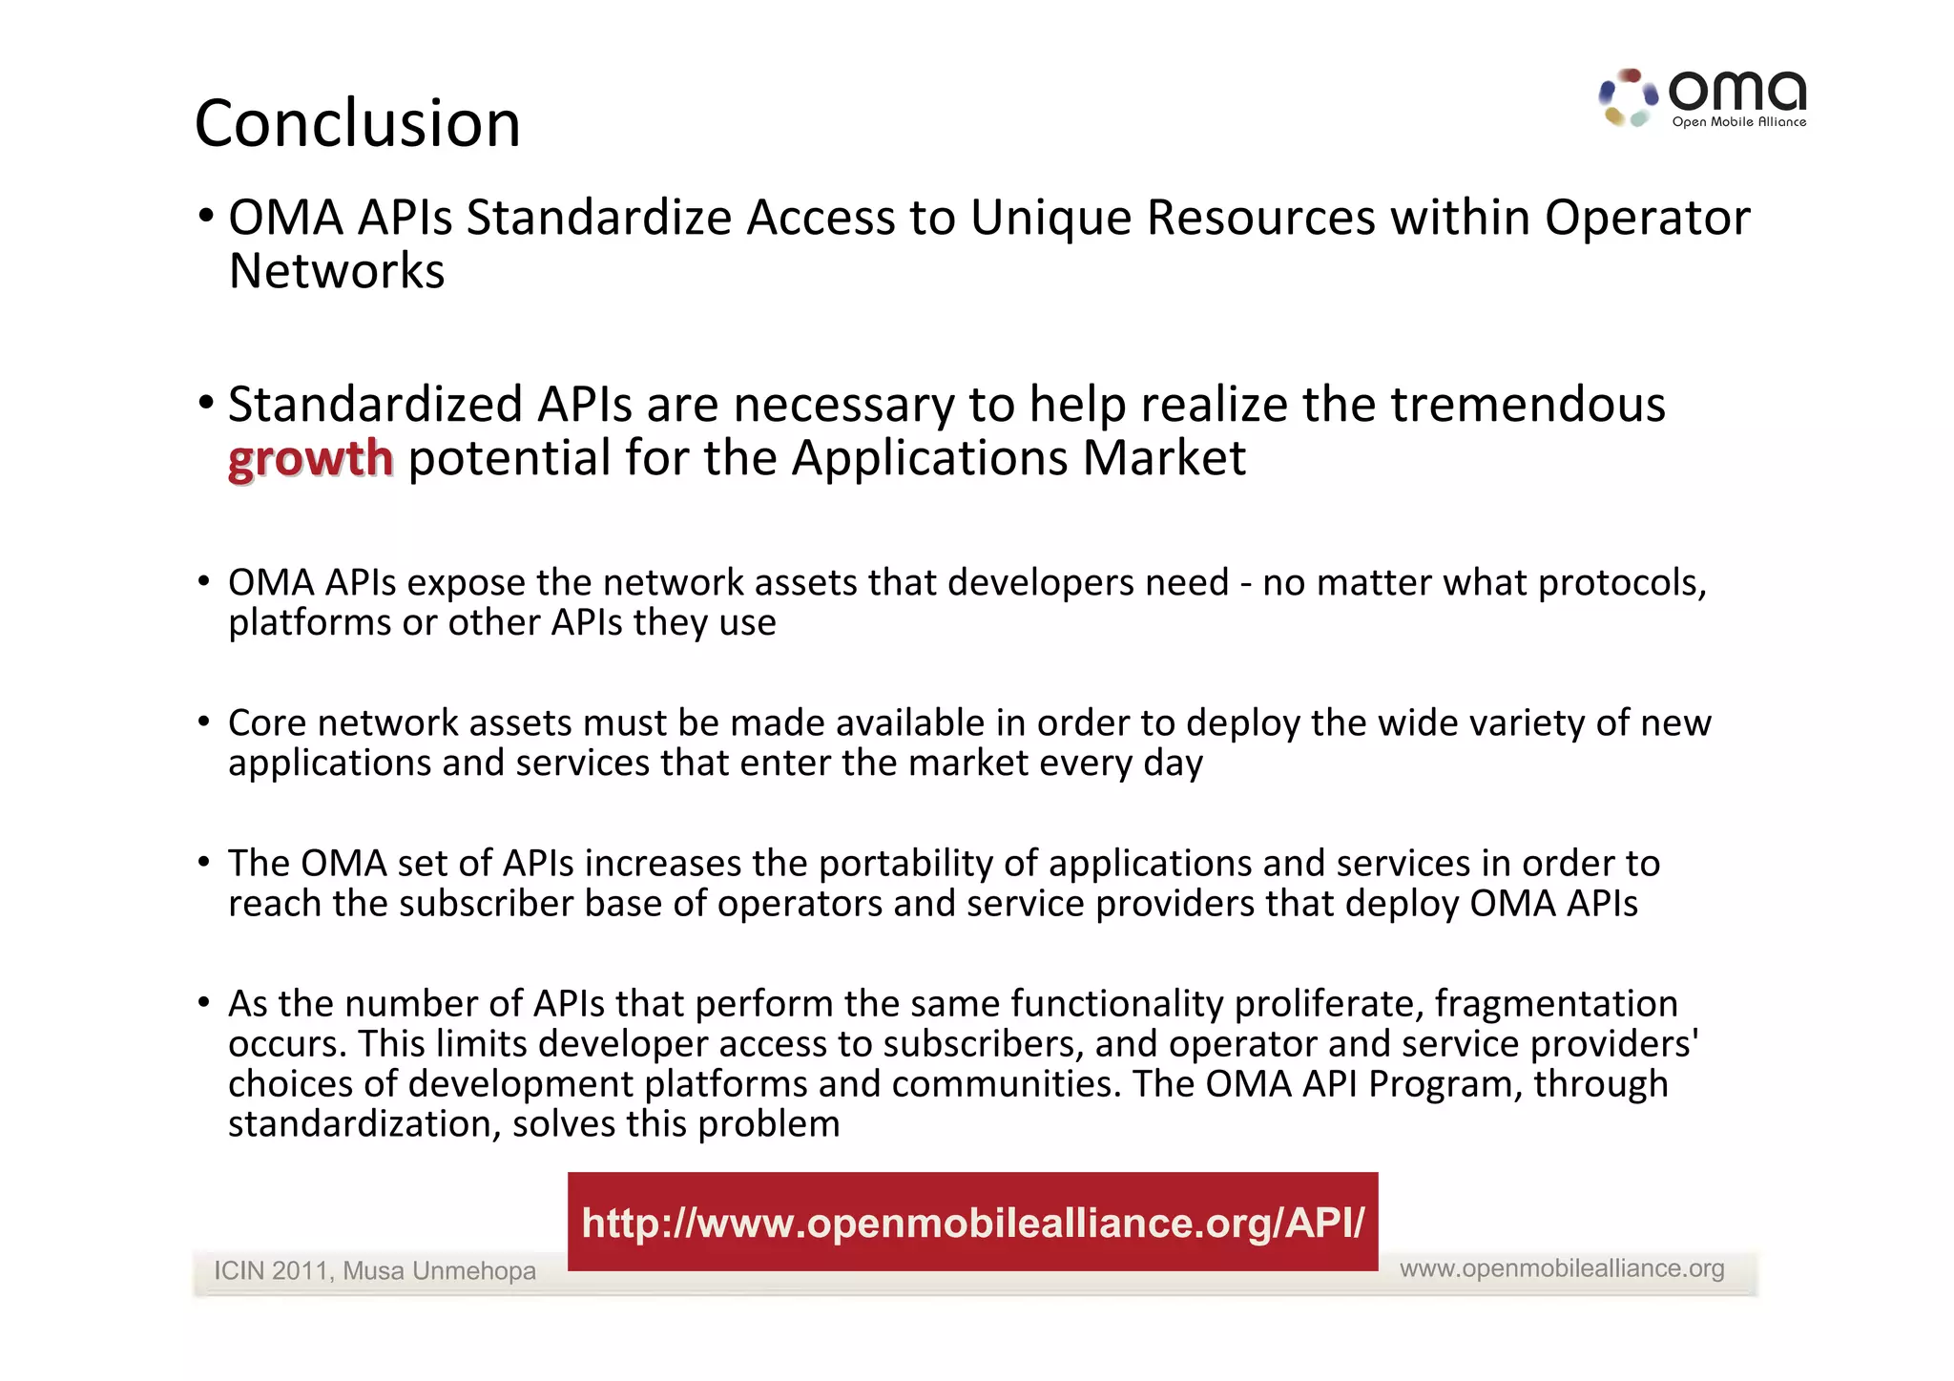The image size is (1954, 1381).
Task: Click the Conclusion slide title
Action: [x=358, y=124]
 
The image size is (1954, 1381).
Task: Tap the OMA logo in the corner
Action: [x=1702, y=97]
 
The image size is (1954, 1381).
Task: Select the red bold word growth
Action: [x=310, y=459]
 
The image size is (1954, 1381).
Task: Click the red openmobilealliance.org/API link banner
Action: [x=972, y=1222]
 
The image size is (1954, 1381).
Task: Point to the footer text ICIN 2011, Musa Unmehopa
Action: [x=374, y=1271]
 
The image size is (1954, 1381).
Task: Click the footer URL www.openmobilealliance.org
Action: [x=1562, y=1268]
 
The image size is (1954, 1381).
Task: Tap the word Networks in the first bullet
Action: [x=337, y=271]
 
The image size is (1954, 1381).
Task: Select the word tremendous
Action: [x=1528, y=405]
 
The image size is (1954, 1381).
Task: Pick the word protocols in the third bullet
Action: [x=1621, y=583]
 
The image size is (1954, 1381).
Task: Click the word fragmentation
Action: [x=1555, y=1004]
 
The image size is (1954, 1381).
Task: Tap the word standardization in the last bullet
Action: [x=364, y=1124]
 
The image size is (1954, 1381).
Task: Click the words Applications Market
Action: [x=1018, y=459]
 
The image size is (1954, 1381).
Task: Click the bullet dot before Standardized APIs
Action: [x=205, y=403]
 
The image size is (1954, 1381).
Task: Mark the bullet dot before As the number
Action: [x=203, y=1002]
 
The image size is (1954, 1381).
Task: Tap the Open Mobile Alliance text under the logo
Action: [x=1738, y=122]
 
